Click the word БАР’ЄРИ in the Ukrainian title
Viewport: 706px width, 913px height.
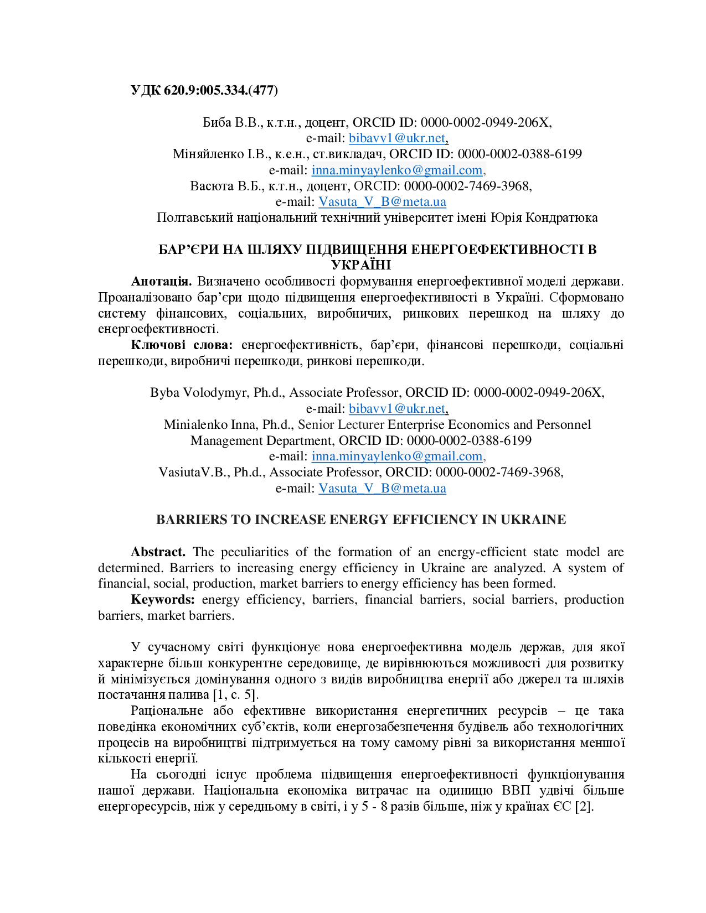coord(188,250)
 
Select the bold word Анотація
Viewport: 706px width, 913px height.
coord(161,281)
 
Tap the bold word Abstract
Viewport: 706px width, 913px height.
coord(158,552)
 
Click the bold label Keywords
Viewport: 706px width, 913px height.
coord(163,599)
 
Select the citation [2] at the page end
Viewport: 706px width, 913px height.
coord(584,806)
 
